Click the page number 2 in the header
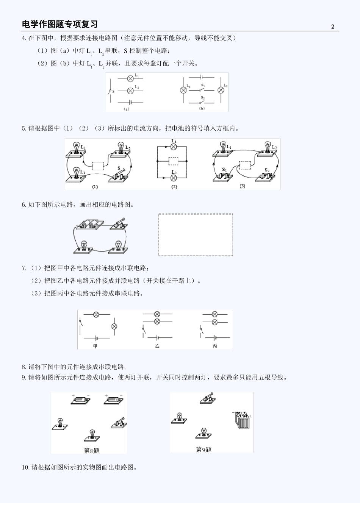click(333, 27)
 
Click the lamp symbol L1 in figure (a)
click(130, 78)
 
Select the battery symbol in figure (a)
click(130, 102)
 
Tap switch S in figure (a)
click(110, 91)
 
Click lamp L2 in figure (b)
click(221, 90)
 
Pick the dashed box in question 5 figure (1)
click(98, 166)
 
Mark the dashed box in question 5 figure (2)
click(173, 161)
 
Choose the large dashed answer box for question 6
click(195, 235)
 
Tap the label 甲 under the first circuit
click(95, 346)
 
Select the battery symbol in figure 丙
click(215, 337)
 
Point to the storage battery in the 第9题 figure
click(242, 420)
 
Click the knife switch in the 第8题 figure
click(119, 423)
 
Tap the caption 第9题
click(203, 450)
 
